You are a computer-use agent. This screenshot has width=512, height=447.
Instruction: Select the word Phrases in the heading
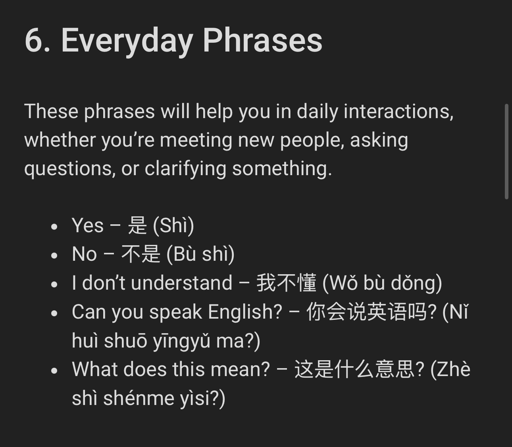pos(262,40)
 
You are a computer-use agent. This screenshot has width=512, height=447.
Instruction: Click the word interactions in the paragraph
pos(398,111)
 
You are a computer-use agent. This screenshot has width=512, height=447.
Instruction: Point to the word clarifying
pos(185,169)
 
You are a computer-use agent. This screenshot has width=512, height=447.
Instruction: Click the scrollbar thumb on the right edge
pos(507,151)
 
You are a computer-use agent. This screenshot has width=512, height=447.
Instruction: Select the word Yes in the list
pos(88,225)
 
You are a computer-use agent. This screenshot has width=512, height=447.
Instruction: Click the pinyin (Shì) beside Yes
pos(173,226)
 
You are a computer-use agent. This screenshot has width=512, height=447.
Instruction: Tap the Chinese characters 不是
pos(141,254)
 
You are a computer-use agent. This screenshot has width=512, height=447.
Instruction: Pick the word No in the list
pos(84,254)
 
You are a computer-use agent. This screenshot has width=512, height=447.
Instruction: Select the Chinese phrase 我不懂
pos(287,283)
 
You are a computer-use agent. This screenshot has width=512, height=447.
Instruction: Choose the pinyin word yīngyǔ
pos(182,342)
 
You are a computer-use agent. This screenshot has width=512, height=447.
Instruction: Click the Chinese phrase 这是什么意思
pos(354,369)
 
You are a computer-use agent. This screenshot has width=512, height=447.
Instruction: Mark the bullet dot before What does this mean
pos(54,371)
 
